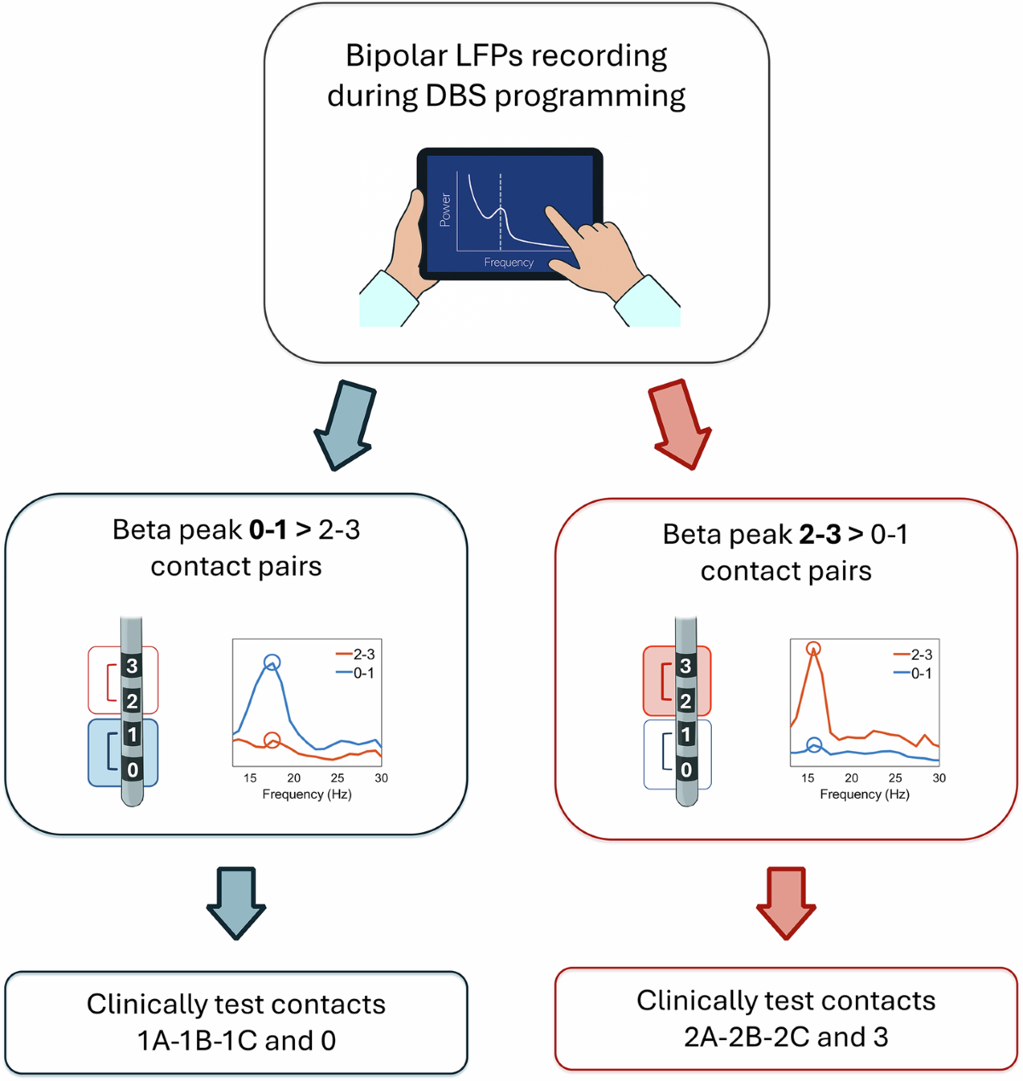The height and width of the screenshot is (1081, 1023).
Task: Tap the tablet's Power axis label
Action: (445, 210)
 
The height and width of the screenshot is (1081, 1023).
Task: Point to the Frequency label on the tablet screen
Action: (509, 263)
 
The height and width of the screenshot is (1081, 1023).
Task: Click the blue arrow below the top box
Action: (344, 425)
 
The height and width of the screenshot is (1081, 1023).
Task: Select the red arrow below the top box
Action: (680, 424)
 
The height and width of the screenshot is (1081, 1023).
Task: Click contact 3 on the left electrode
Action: (131, 666)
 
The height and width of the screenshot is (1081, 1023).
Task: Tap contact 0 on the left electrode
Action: (131, 770)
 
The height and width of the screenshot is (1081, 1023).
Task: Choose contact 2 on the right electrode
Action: (685, 702)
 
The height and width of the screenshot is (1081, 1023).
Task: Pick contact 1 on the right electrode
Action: (685, 735)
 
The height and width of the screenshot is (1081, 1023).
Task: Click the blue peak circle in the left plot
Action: (271, 662)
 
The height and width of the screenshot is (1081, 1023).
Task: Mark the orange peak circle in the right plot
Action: (813, 650)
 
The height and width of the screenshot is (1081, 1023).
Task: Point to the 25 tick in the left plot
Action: (338, 778)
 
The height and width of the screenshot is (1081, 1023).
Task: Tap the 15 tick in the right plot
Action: (807, 778)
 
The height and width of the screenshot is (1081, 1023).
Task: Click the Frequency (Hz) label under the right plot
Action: (864, 795)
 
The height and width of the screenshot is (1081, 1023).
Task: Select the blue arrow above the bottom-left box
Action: (236, 902)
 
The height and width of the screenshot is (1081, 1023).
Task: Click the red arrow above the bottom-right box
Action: (786, 902)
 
